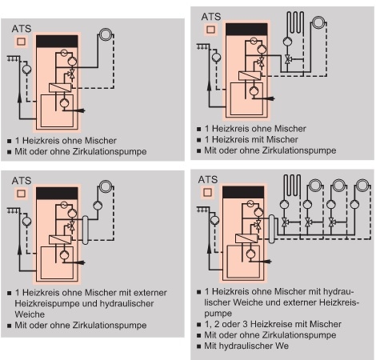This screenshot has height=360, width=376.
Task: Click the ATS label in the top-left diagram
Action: pyautogui.click(x=22, y=28)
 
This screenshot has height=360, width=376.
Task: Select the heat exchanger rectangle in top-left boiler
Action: pyautogui.click(x=57, y=89)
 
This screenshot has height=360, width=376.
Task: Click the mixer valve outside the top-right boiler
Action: pyautogui.click(x=288, y=60)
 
